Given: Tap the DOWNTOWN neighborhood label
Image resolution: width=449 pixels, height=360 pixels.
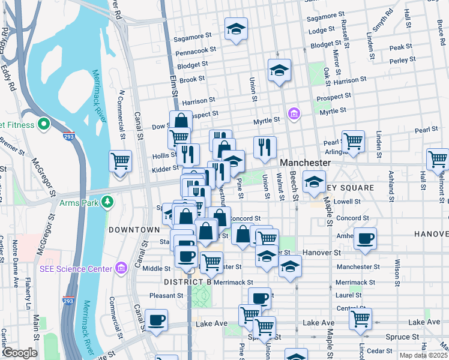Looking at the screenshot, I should [134, 230].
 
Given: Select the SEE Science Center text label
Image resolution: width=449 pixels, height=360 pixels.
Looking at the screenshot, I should [75, 269].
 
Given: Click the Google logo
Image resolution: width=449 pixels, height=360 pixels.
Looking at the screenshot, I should [19, 353].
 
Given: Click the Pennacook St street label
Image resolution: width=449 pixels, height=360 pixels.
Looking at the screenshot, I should [196, 52].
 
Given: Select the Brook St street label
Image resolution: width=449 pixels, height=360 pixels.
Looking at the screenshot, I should [192, 79].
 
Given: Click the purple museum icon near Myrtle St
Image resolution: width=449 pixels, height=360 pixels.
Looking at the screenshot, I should [294, 114].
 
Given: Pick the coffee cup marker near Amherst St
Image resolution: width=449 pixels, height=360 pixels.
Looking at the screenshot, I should [365, 238].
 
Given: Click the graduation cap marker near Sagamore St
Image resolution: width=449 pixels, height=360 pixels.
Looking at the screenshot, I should [237, 28].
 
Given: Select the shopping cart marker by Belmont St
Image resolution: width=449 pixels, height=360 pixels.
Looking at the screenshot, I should [438, 159].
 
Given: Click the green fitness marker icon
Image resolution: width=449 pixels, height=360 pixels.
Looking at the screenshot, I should [43, 125].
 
